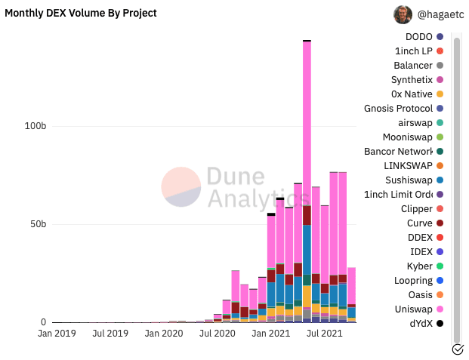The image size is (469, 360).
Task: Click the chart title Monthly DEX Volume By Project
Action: point(81,13)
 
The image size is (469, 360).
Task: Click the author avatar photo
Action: point(403,14)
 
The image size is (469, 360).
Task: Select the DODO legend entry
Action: point(419,36)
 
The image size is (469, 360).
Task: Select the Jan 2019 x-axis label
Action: point(56,332)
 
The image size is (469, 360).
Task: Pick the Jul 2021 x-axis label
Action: point(325,332)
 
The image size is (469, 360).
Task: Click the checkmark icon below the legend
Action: point(457,349)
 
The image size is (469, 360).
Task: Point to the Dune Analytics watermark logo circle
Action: point(181,187)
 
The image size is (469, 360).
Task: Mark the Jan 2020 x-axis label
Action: point(163,332)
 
